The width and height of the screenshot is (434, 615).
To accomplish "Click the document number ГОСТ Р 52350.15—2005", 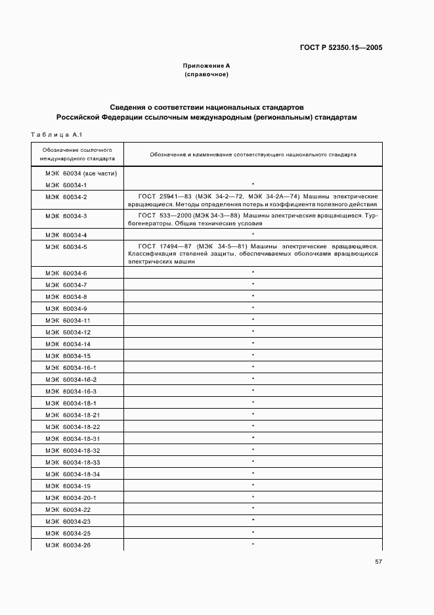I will point(341,47).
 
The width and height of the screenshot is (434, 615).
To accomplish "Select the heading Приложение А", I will point(206,66).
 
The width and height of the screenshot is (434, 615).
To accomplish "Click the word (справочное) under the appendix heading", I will point(206,74).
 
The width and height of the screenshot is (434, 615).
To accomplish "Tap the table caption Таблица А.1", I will point(55,135).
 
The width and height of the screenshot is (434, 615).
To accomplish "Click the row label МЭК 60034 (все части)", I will point(81,173).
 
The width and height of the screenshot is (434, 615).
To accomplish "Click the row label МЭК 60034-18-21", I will point(73,415).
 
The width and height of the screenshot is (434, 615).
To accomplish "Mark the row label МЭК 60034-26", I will point(68,545).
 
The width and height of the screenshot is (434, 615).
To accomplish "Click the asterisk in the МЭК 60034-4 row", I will point(253,235).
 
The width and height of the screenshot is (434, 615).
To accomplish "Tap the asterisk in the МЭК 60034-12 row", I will point(253,332).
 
